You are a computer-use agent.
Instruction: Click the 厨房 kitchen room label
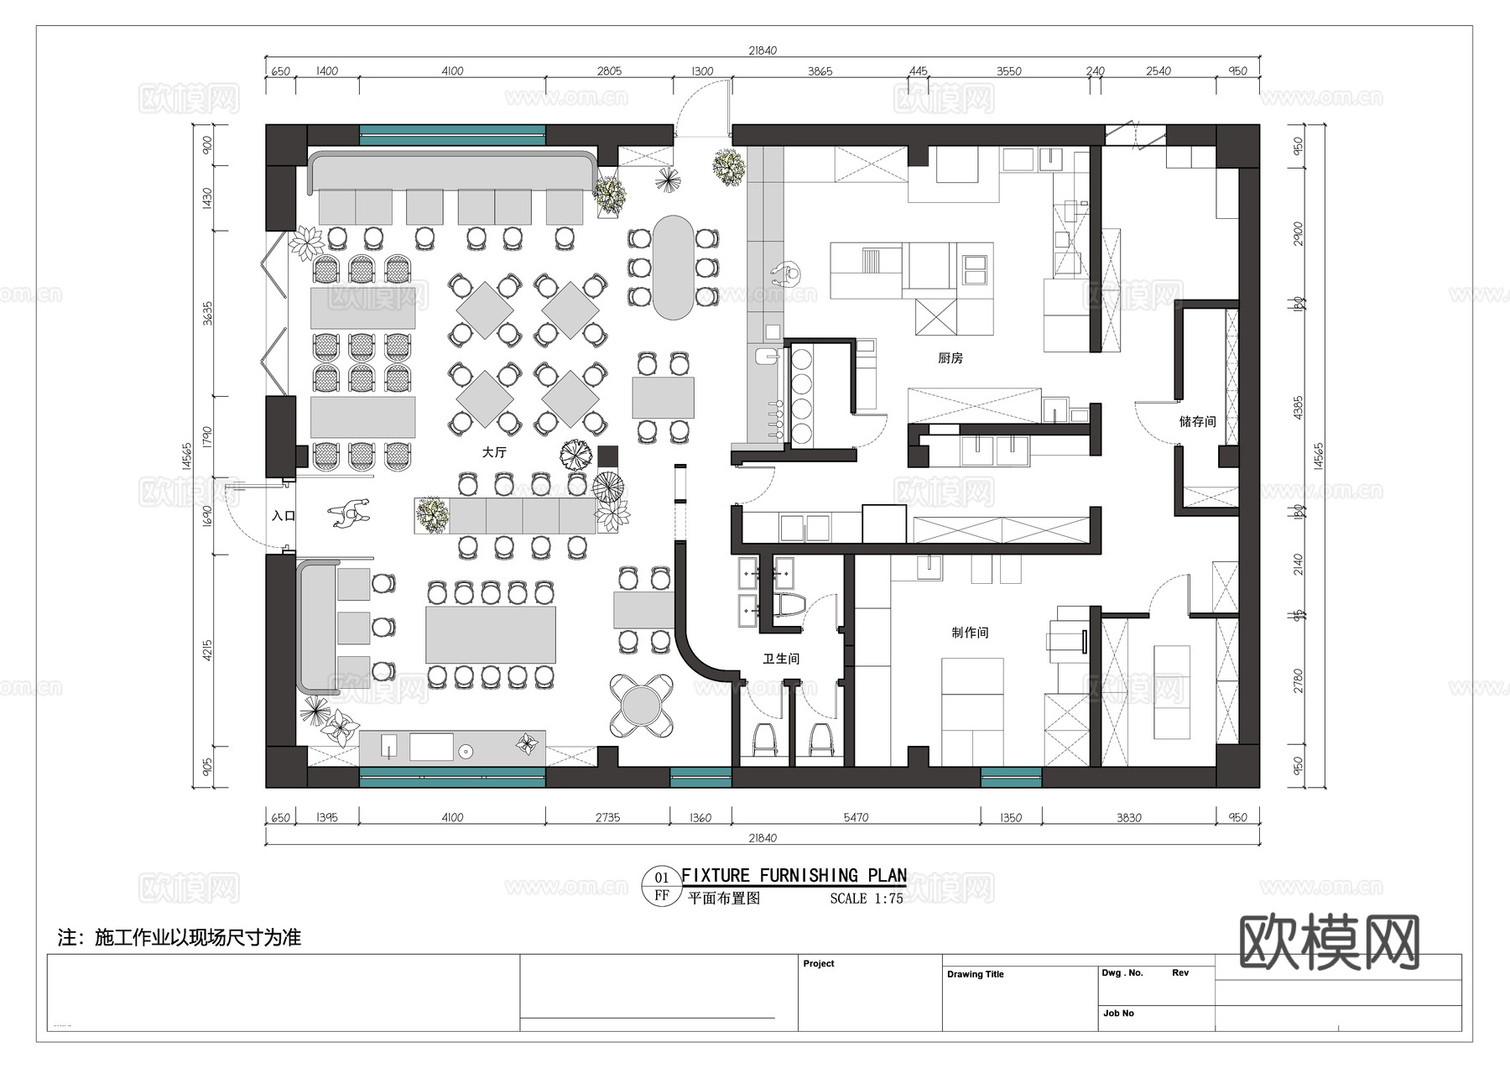(x=950, y=358)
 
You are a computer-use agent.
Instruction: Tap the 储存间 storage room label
(x=1197, y=421)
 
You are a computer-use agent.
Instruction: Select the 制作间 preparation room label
(x=970, y=633)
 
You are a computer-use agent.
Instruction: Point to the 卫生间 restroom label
(x=780, y=659)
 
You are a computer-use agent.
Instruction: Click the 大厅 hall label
(x=494, y=452)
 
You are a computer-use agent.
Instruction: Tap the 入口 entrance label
(x=284, y=516)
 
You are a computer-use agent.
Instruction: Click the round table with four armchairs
(x=641, y=706)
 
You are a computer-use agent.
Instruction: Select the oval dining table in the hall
(x=673, y=268)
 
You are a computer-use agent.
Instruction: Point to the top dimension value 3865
(x=820, y=71)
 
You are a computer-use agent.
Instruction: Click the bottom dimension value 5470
(x=856, y=817)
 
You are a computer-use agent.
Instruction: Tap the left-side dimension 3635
(x=207, y=314)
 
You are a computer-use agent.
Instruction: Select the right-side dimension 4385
(x=1299, y=409)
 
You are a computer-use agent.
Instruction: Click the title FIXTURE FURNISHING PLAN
(x=794, y=876)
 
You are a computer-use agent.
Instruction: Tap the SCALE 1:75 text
(x=866, y=899)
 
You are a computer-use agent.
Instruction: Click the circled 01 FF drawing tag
(x=661, y=887)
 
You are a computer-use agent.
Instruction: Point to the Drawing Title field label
(x=975, y=974)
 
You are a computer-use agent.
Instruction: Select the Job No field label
(x=1118, y=1013)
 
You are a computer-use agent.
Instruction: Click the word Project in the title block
(x=818, y=963)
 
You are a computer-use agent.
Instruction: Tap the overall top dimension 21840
(x=762, y=50)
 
